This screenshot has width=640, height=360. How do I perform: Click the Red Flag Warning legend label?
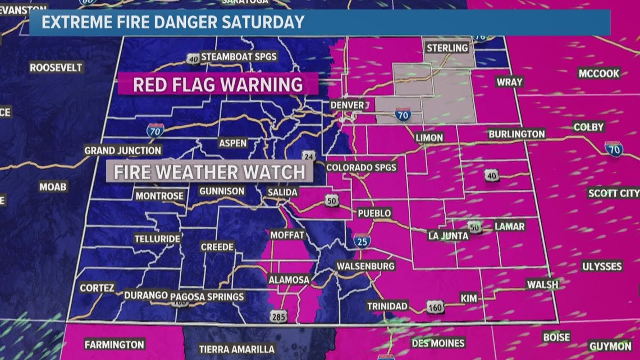pos(218,85)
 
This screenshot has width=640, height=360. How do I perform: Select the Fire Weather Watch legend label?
pos(209,172)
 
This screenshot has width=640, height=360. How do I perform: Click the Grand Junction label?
pos(122,151)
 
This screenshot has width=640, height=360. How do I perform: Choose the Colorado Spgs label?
pos(361,167)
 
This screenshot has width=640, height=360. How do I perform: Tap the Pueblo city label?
pos(374,213)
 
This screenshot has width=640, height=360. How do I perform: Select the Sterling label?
pos(447,48)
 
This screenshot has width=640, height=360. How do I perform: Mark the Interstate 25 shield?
pos(362,241)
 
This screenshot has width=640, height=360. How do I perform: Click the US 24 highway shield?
pos(308,156)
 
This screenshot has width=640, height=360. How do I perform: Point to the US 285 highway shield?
pos(279,316)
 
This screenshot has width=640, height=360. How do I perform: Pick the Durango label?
pos(146,295)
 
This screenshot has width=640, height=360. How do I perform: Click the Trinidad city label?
pos(387,306)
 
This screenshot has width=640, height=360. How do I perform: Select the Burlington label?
pos(516,134)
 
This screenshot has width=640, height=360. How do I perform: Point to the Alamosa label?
pos(289,280)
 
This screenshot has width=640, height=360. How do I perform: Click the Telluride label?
pos(157,239)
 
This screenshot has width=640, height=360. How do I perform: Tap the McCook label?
pos(598,73)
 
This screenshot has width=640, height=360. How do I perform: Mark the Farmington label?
pos(115,344)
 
